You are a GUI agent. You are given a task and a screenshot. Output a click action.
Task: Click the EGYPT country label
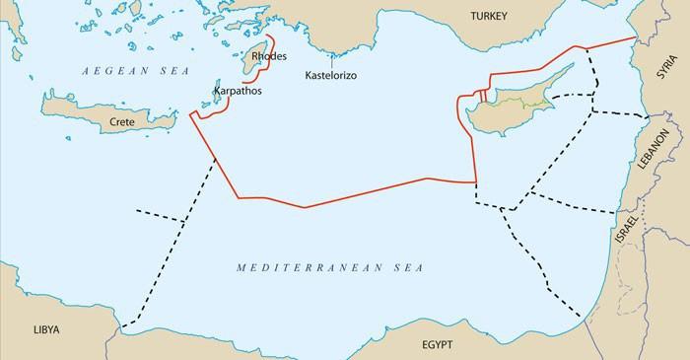tap(431, 346)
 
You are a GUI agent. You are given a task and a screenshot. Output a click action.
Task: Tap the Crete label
tap(122, 120)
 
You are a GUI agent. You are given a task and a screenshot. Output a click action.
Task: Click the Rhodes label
tap(269, 56)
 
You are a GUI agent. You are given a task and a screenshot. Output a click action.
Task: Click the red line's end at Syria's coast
tap(634, 37)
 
